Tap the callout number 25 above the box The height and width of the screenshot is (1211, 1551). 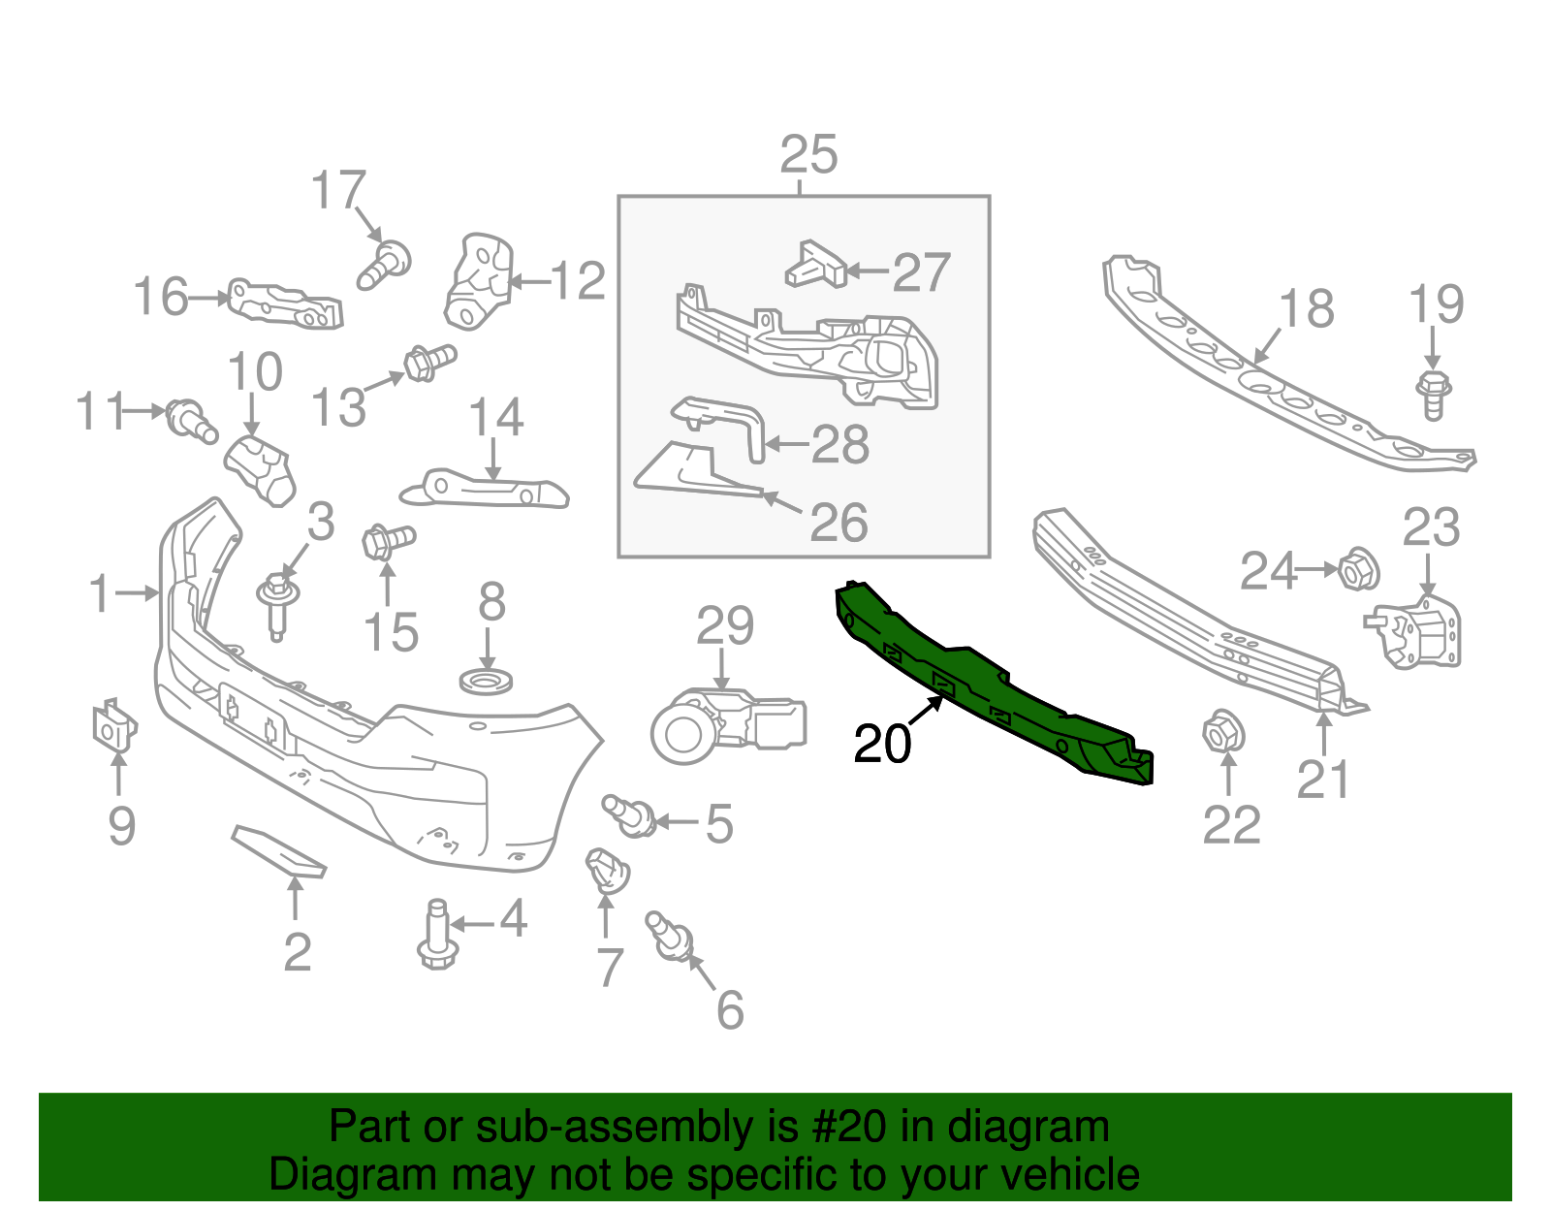808,155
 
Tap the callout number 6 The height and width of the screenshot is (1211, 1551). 730,1009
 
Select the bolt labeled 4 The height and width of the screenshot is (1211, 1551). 437,935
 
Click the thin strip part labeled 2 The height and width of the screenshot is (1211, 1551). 278,851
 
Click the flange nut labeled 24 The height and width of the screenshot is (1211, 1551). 1358,569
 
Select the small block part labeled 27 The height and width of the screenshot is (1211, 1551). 815,265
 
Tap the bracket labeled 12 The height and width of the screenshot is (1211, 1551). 477,281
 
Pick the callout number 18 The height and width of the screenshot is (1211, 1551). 1306,309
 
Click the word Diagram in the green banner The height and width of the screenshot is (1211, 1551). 326,1175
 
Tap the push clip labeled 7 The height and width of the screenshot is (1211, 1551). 607,870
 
